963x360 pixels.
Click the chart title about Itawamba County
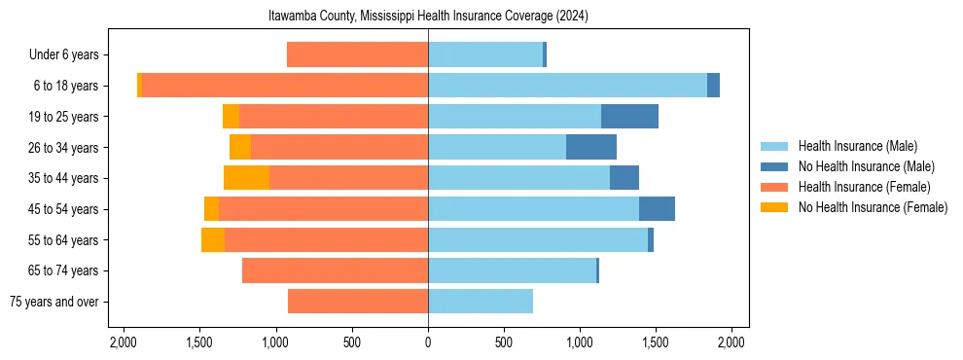click(428, 17)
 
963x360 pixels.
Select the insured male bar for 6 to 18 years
click(567, 86)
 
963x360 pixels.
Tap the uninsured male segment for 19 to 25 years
click(629, 117)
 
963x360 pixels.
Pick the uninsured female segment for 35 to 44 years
click(246, 178)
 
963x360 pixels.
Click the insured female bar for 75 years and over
click(358, 302)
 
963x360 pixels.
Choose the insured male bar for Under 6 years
click(485, 54)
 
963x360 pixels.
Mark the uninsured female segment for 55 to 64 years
click(213, 240)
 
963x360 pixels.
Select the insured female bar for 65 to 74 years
click(335, 270)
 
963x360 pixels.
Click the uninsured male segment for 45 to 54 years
click(657, 209)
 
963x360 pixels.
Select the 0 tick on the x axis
click(428, 342)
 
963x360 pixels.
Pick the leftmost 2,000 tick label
click(124, 342)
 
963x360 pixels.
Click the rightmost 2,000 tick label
click(731, 342)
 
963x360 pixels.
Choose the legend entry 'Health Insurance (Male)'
click(857, 147)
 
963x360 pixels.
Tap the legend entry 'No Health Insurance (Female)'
click(873, 207)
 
